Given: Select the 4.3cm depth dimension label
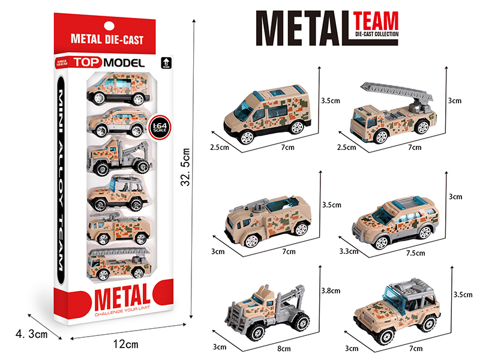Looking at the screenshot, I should [x=31, y=334].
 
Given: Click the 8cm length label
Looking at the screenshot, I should [x=272, y=350].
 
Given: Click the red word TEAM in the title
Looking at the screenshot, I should [x=376, y=22].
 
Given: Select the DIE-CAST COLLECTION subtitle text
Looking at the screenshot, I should [x=376, y=37].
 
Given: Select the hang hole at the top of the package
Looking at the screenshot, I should [x=108, y=25].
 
